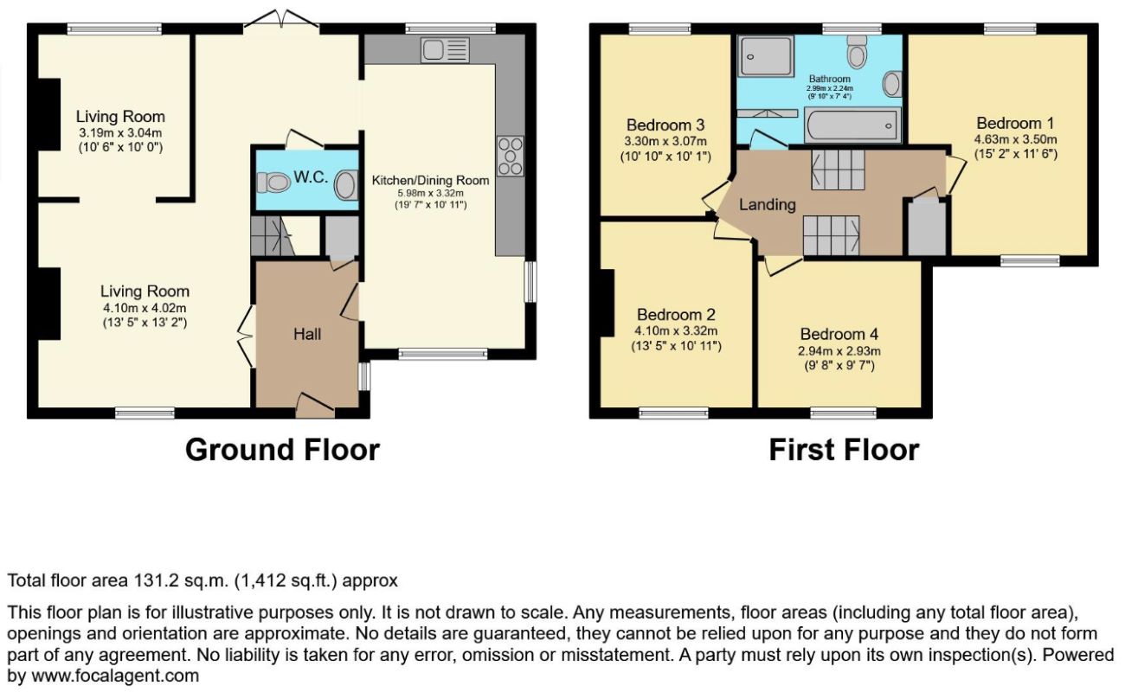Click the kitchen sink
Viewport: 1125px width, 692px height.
445,49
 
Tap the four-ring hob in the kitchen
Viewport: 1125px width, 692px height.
511,157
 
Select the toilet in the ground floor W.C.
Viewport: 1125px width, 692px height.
273,182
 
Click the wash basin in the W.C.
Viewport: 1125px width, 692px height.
345,185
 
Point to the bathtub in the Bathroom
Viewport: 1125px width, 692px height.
852,125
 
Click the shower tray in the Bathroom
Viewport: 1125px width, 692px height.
766,56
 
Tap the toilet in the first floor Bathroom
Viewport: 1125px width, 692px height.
857,52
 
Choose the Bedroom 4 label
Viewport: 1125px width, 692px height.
839,334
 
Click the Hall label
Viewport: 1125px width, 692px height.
307,334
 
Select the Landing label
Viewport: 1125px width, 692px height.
768,204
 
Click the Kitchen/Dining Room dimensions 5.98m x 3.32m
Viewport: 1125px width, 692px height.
430,194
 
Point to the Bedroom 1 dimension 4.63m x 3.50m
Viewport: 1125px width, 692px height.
1015,139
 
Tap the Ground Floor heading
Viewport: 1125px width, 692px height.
282,450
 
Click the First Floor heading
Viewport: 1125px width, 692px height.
844,450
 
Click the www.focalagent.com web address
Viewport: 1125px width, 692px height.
115,676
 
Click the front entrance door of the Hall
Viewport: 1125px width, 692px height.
315,406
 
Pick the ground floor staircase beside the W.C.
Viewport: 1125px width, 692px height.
273,236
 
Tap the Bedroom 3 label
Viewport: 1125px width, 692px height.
665,125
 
